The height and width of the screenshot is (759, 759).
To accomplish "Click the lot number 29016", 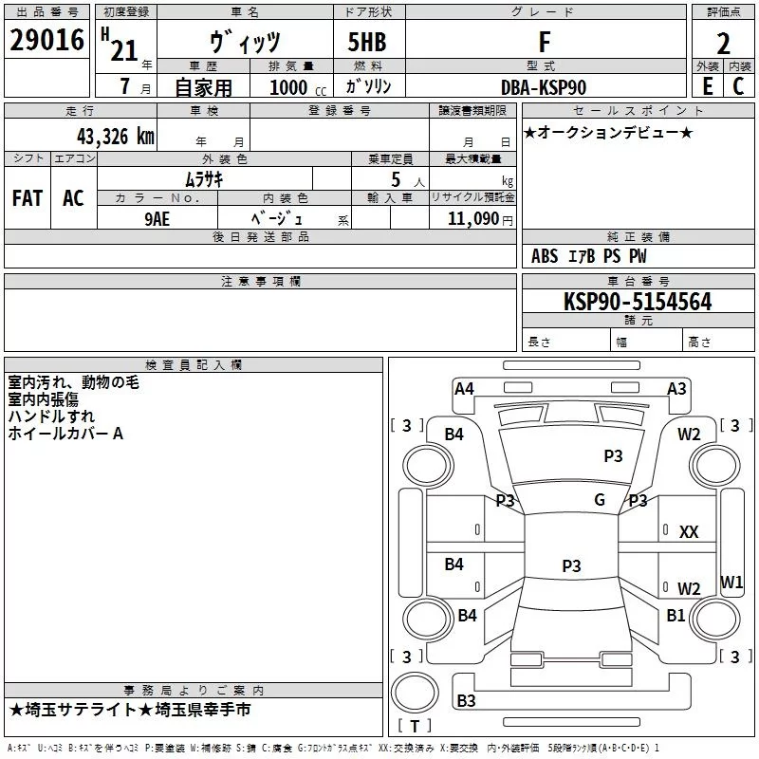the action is tap(46, 40).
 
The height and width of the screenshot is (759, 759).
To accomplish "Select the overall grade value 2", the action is tap(723, 44).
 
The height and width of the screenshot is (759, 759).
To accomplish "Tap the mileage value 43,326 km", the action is tap(115, 137).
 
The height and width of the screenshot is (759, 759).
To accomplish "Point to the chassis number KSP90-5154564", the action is tap(638, 302).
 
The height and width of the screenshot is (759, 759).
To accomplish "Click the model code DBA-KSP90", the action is tap(544, 87).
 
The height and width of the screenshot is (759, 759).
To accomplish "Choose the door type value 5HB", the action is tap(367, 42).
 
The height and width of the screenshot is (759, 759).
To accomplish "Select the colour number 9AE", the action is tap(157, 219).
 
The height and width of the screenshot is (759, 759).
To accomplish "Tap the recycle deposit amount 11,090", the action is tap(472, 219).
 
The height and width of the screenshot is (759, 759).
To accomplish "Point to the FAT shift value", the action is tap(28, 198).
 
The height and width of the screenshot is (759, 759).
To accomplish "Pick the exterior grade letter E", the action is tap(708, 86).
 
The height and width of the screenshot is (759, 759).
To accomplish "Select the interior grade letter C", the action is tap(738, 86).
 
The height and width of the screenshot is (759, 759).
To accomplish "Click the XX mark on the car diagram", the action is tap(689, 532).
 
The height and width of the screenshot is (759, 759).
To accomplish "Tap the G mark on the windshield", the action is tap(600, 499).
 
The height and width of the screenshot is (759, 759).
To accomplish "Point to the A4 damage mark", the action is tap(464, 388).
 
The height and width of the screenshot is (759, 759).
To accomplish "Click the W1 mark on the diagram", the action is tap(731, 582).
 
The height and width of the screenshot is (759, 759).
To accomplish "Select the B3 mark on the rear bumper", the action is tap(466, 700).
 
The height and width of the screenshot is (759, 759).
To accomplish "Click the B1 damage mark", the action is tap(676, 615).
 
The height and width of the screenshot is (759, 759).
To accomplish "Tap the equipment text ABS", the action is tap(545, 256).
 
